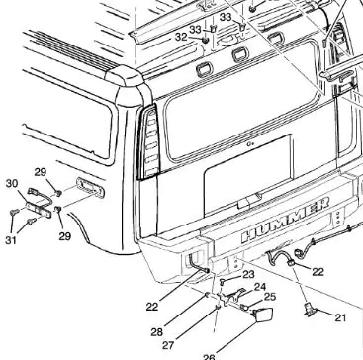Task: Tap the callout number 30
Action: [12, 184]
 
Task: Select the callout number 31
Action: [11, 240]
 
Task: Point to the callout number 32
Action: [181, 37]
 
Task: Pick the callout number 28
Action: [157, 332]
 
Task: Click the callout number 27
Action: [168, 345]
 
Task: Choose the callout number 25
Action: [270, 297]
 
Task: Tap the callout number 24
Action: [260, 287]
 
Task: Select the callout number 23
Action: [249, 274]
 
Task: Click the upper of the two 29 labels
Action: [41, 172]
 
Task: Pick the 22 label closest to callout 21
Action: [318, 272]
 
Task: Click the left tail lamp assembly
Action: [149, 142]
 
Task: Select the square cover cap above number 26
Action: [263, 314]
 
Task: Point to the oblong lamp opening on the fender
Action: [90, 187]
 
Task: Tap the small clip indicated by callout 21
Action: [309, 310]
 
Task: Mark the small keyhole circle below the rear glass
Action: [251, 144]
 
